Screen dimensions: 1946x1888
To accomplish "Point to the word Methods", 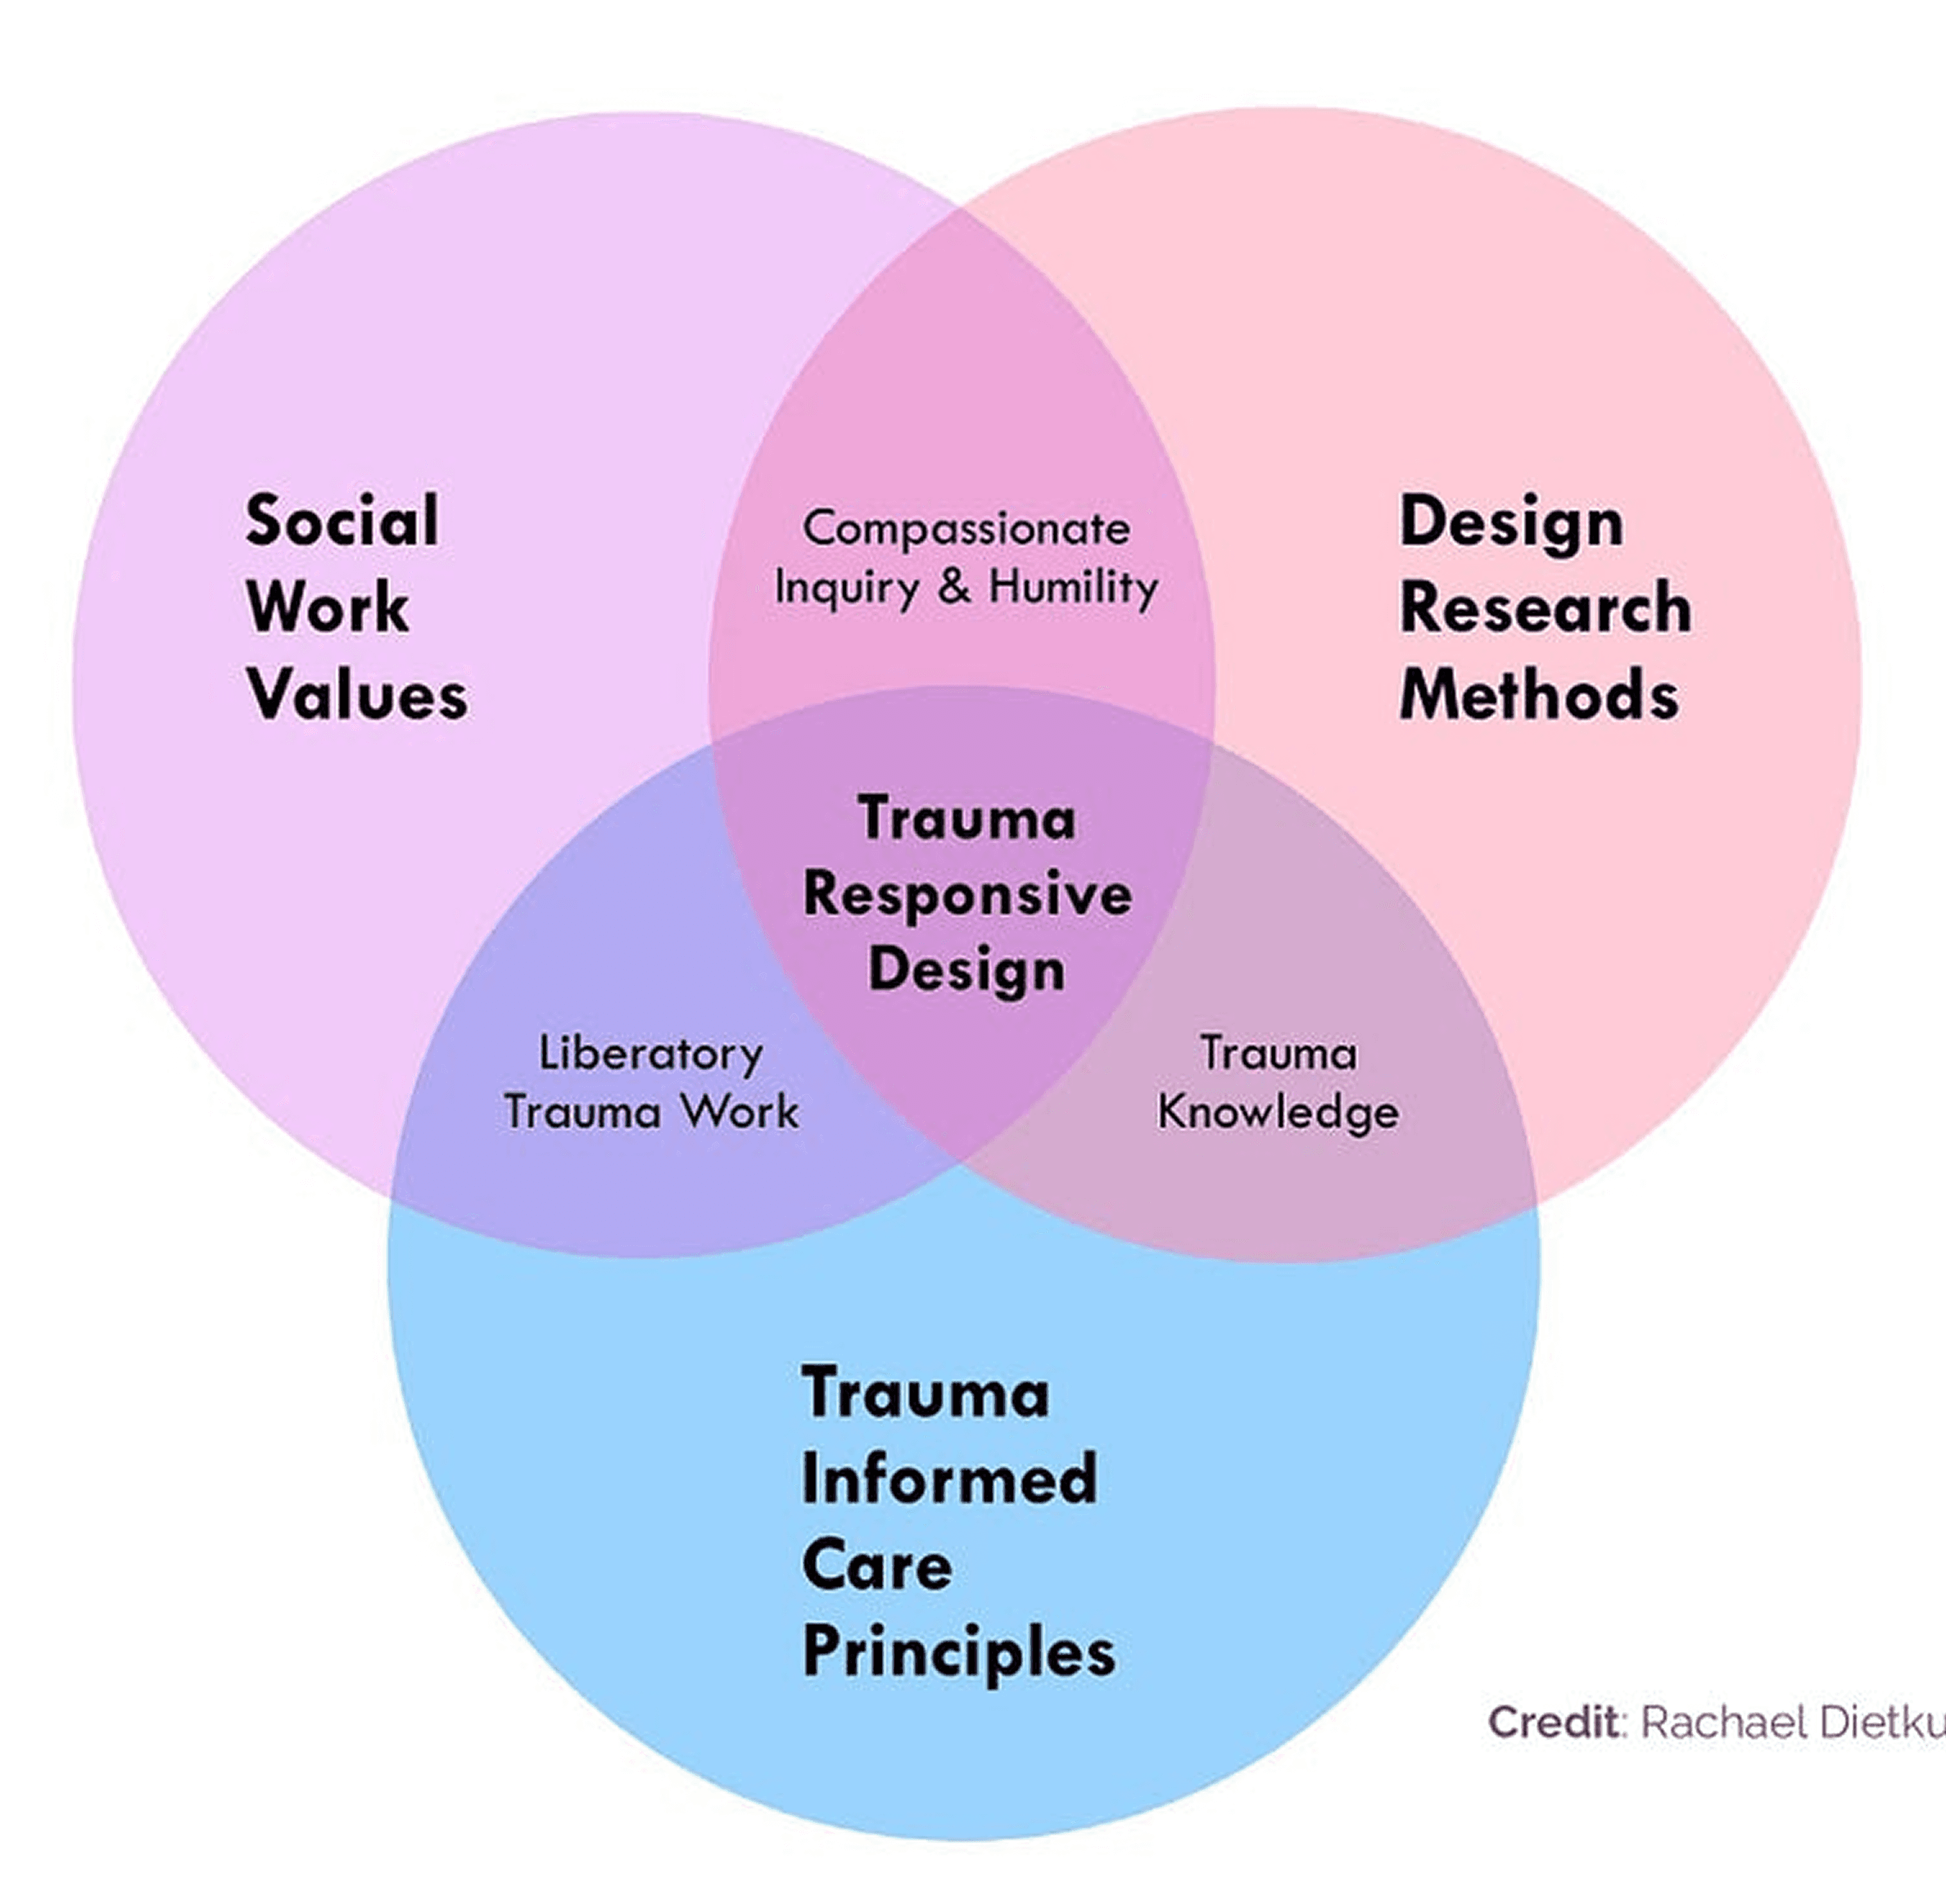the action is [1539, 695].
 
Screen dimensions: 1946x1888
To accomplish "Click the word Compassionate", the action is [966, 529].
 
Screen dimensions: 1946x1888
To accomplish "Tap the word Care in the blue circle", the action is [877, 1566].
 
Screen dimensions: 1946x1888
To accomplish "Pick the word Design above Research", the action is [1511, 522].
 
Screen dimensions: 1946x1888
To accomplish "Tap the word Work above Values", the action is [327, 607].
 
